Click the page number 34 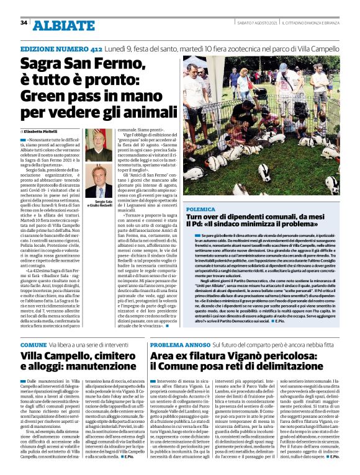point(24,23)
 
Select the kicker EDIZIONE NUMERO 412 point(61,48)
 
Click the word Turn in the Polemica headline point(194,217)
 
